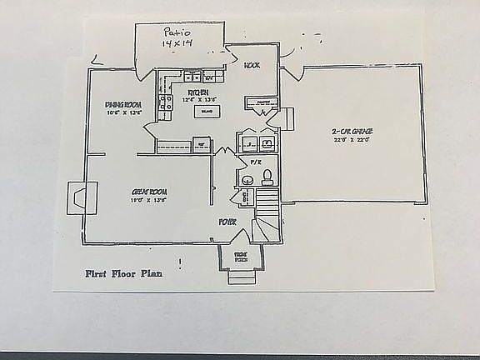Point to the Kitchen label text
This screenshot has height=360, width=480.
click(x=197, y=92)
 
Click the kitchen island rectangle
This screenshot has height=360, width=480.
click(x=205, y=111)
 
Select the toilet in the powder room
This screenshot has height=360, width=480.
click(x=267, y=176)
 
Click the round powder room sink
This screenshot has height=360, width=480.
click(x=247, y=179)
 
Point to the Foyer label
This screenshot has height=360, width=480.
click(x=227, y=222)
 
